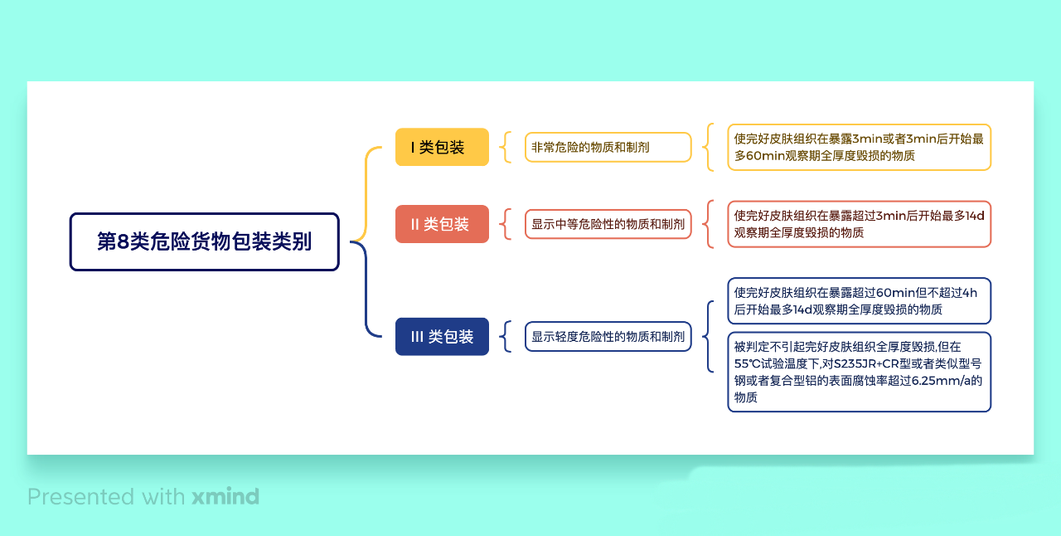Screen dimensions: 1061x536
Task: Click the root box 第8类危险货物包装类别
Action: (204, 242)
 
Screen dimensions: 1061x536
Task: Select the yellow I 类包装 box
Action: (442, 147)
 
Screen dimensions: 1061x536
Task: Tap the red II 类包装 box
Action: (442, 224)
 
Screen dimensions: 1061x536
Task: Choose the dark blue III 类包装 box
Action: (442, 336)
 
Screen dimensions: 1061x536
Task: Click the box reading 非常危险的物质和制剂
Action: (608, 147)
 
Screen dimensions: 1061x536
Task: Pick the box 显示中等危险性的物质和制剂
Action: (608, 224)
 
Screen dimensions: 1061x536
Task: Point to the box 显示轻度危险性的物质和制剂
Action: (608, 336)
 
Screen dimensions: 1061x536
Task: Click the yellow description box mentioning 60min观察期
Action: (860, 147)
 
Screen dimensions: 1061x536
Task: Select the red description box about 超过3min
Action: (860, 224)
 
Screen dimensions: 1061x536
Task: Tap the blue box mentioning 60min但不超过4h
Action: (860, 300)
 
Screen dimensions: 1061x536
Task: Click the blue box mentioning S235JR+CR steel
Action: (860, 372)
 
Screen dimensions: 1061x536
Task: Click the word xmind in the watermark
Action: (225, 497)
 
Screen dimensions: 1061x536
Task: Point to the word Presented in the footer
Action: (81, 497)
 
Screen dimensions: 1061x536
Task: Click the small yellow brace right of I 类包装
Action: (506, 147)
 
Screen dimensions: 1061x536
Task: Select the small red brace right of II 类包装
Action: (506, 224)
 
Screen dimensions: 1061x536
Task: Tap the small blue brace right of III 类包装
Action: (506, 336)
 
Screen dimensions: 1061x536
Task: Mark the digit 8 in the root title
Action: (123, 241)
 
